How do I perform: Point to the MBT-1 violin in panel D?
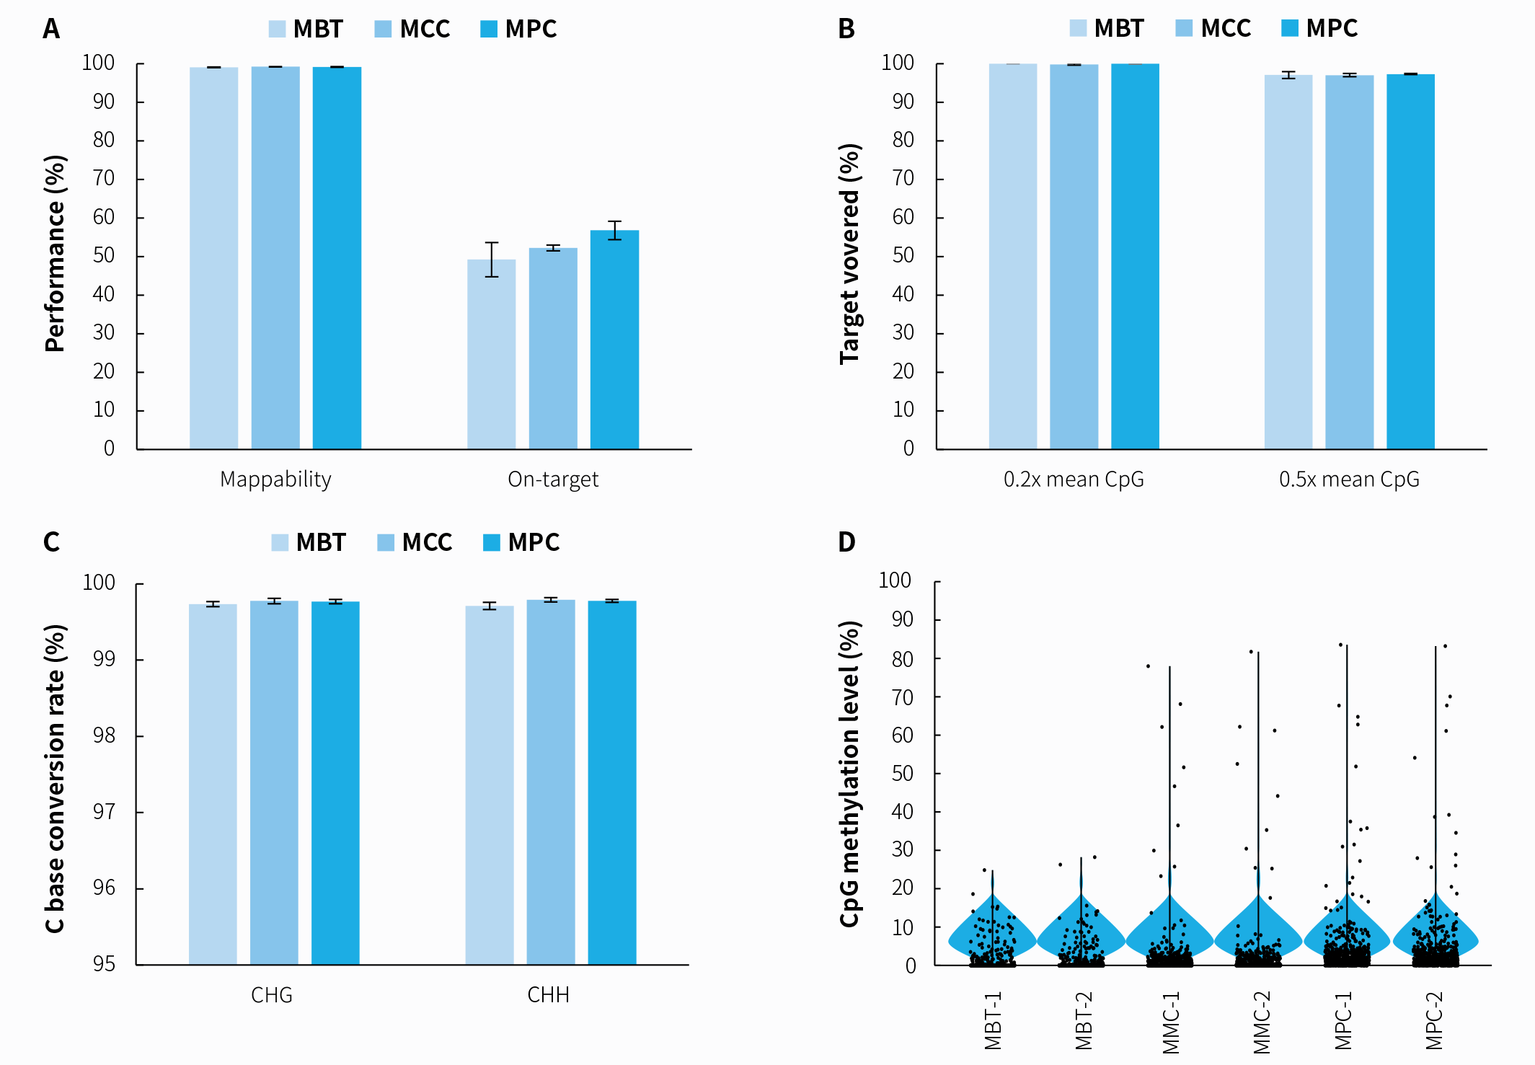coord(992,937)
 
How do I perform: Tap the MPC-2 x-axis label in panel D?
coord(1434,1020)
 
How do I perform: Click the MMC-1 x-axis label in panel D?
coord(1170,1022)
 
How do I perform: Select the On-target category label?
coord(553,480)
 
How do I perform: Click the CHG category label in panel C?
coord(272,995)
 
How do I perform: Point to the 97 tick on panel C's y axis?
coord(104,813)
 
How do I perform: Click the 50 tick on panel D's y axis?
coord(903,774)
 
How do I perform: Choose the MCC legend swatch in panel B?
coord(1184,28)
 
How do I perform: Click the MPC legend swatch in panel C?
coord(491,542)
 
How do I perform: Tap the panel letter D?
coord(846,542)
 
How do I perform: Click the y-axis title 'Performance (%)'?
coord(56,253)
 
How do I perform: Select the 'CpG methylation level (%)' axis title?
coord(850,773)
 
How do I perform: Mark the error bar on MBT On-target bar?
coord(492,260)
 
